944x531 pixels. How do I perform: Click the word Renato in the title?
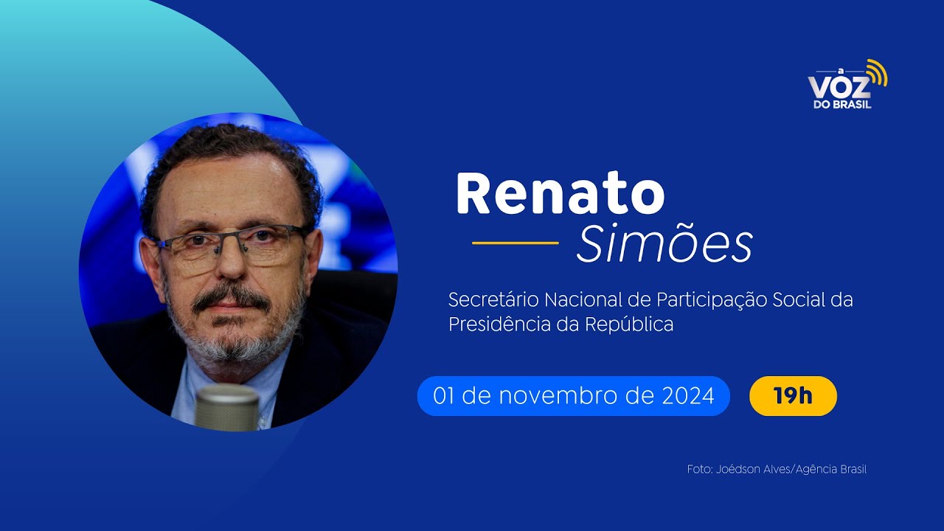click(x=560, y=193)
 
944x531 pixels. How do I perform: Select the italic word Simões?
click(x=664, y=244)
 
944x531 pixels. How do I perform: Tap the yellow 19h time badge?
click(x=793, y=396)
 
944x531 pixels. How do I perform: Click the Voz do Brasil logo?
click(x=845, y=86)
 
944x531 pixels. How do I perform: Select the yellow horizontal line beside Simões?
click(x=515, y=242)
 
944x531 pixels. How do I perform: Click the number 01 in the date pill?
click(x=443, y=396)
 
